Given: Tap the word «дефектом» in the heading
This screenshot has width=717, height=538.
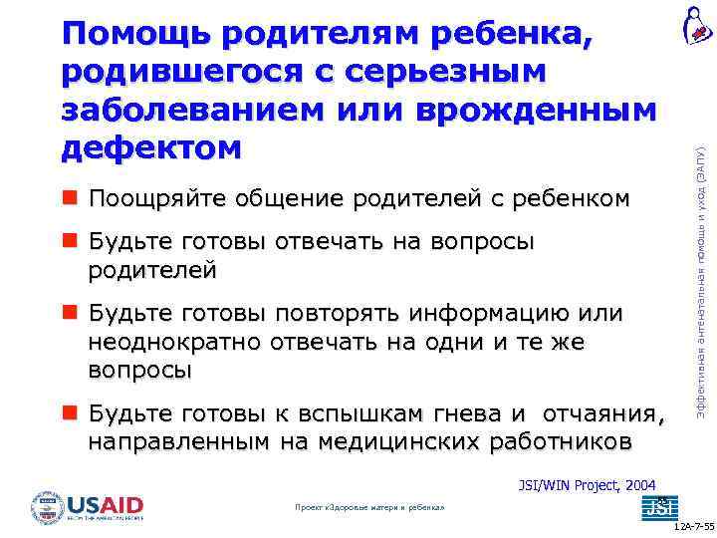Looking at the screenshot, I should pos(151,146).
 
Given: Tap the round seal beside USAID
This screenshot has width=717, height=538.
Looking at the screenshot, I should pos(47,507).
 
